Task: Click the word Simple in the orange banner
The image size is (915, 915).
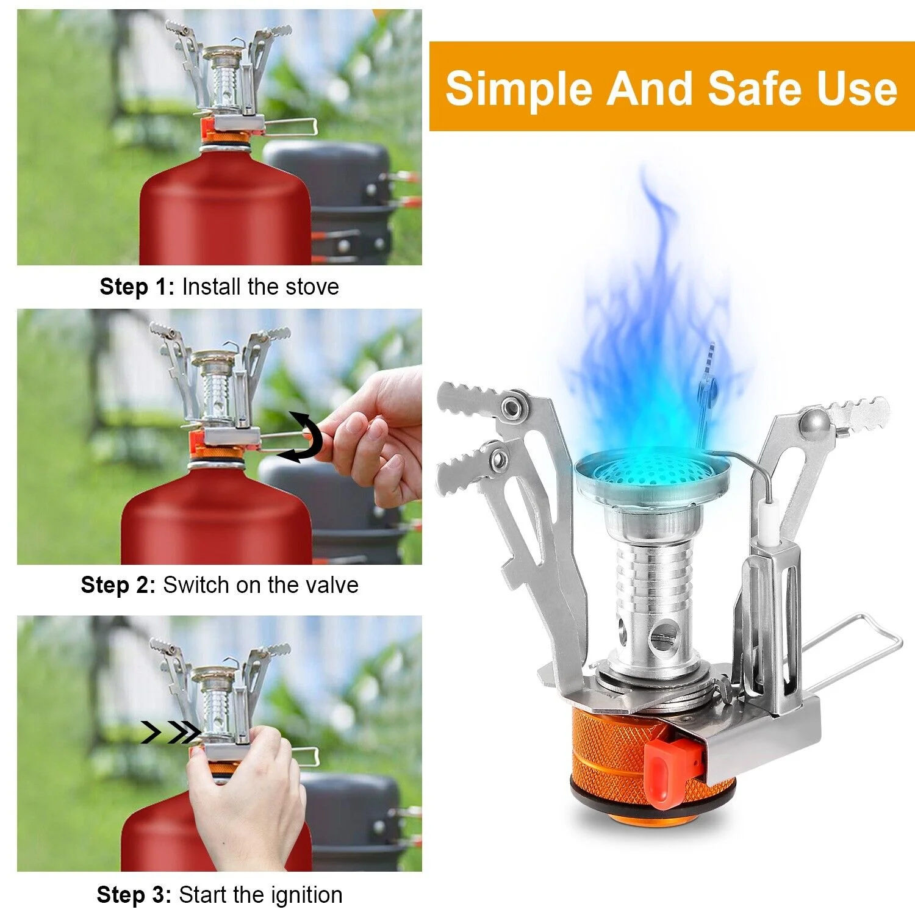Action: click(518, 89)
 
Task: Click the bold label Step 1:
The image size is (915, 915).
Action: click(137, 287)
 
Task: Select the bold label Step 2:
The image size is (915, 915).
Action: click(118, 585)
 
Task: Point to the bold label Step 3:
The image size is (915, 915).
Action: click(134, 895)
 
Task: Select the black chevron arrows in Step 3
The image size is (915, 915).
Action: click(171, 732)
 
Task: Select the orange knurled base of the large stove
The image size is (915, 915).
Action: click(610, 756)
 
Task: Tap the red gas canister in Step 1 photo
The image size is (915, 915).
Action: click(226, 213)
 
